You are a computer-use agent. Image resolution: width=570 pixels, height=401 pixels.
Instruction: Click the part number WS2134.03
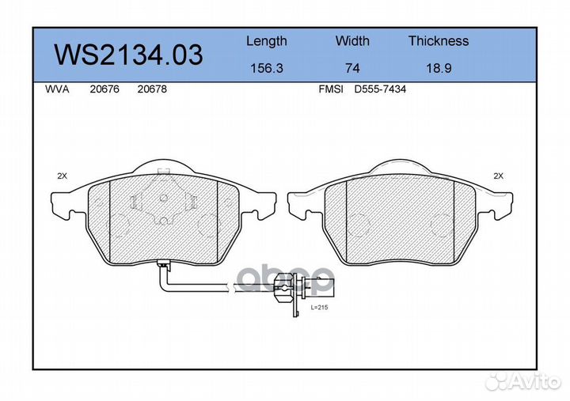point(128,55)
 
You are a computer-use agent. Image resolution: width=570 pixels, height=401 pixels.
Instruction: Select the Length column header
point(267,42)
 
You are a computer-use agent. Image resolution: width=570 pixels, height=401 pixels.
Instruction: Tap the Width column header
point(352,40)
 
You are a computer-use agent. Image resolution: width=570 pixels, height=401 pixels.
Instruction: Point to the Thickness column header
point(439,40)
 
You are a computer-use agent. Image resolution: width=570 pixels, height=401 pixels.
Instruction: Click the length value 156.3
point(267,68)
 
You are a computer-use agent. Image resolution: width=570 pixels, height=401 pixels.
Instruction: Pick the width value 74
point(352,68)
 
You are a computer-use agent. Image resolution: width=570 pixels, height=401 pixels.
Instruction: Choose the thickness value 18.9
point(439,68)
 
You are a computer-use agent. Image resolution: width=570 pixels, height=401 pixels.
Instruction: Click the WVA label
point(57,89)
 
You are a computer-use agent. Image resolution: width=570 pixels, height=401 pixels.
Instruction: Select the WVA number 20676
point(104,89)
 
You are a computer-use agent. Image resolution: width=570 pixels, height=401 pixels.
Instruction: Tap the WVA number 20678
point(152,89)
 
